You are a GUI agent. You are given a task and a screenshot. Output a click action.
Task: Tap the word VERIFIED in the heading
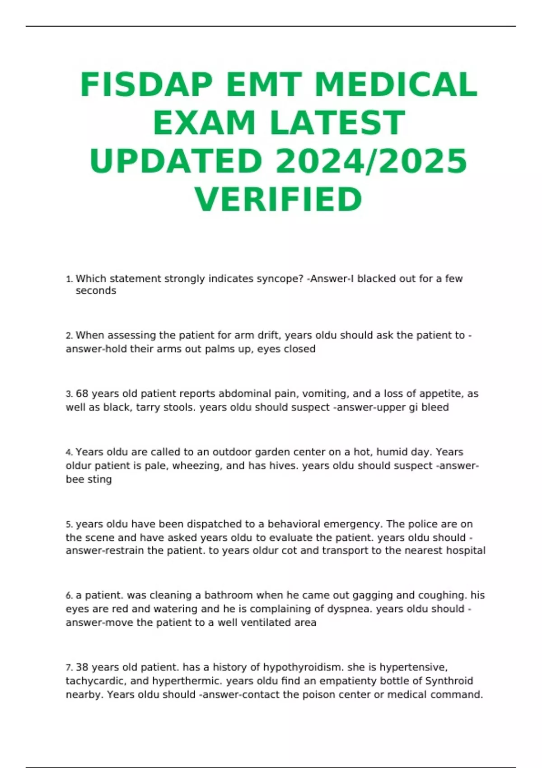click(279, 199)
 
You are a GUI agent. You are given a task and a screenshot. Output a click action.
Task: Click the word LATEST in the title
click(337, 123)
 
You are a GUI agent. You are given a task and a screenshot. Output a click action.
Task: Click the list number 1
click(69, 279)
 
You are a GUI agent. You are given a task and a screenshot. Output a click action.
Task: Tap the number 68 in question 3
click(82, 393)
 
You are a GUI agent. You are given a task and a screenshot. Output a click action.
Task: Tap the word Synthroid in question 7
click(449, 681)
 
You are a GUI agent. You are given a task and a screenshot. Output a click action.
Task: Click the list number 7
click(69, 668)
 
